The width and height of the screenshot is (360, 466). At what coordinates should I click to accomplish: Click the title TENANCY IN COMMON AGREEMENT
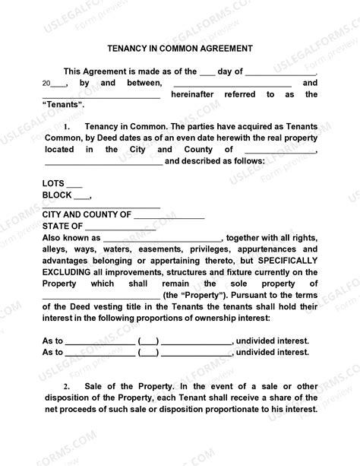(180, 47)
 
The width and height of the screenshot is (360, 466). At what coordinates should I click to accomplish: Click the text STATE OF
(62, 226)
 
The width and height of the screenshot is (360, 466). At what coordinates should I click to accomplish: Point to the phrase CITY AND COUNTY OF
(87, 215)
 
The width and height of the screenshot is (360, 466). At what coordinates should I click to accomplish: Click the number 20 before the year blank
(47, 84)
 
